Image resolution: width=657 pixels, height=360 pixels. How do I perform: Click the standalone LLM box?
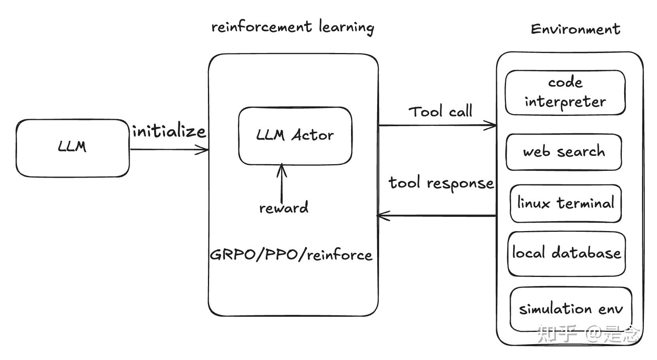[x=72, y=148]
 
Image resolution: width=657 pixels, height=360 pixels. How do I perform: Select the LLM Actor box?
[x=295, y=136]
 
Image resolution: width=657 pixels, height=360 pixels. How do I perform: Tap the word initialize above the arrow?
[x=169, y=131]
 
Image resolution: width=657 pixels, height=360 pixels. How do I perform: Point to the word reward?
[x=283, y=208]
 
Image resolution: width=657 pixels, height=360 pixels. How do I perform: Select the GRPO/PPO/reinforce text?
[x=291, y=254]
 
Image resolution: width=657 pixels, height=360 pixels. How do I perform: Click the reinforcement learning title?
[x=293, y=27]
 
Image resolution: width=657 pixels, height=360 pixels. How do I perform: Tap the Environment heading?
[x=575, y=29]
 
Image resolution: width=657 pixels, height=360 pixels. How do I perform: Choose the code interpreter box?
[x=565, y=93]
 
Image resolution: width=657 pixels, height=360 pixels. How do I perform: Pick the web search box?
[x=564, y=152]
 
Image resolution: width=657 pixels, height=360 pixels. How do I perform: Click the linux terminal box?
[x=565, y=203]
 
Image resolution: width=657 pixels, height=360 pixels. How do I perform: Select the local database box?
[x=566, y=253]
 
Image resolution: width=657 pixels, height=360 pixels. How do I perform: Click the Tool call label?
[x=440, y=112]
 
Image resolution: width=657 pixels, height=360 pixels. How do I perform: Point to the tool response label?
[x=441, y=183]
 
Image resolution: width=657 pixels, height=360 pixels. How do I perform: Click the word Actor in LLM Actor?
[x=312, y=136]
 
